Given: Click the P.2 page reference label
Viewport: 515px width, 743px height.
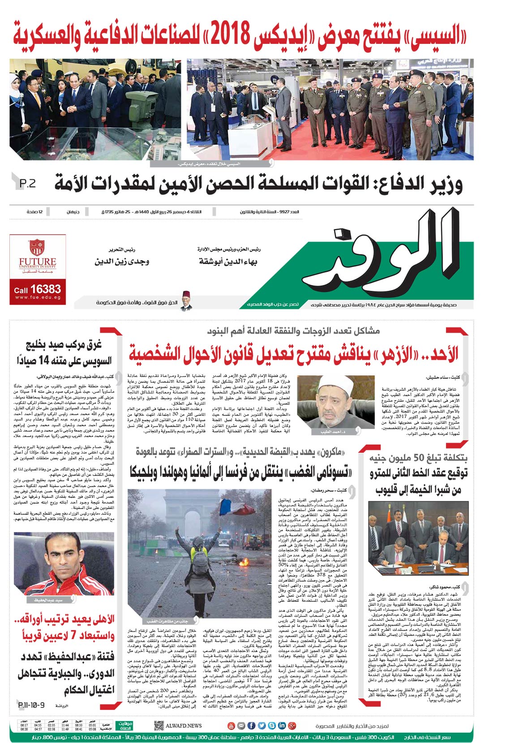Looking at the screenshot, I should click(x=27, y=184).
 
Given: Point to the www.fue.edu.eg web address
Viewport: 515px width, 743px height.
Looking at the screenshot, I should click(x=38, y=298).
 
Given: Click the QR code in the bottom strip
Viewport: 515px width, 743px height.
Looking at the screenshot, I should click(x=159, y=726).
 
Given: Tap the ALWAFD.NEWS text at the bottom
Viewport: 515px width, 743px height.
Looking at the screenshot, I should click(x=184, y=726).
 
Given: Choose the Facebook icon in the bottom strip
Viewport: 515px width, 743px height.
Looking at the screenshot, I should click(x=251, y=726).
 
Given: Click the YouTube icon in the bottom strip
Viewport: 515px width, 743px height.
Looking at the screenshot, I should click(x=231, y=726).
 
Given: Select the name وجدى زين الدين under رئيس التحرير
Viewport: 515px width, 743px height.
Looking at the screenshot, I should click(x=122, y=261).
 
